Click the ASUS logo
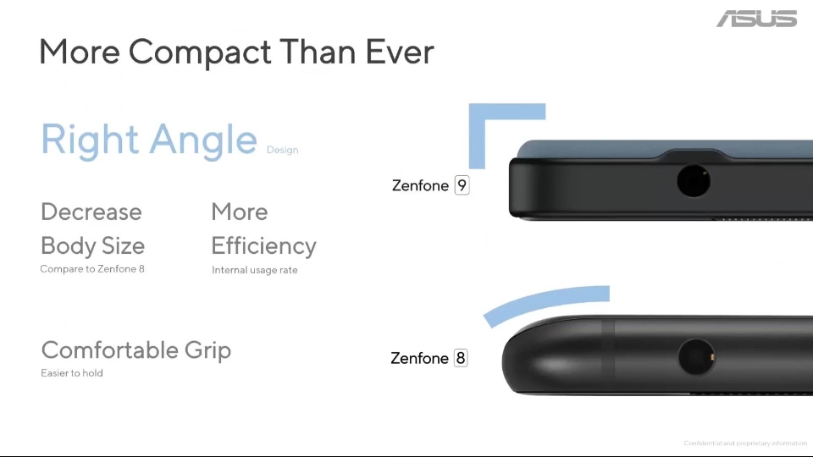[756, 19]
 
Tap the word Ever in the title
[400, 52]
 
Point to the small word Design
[282, 151]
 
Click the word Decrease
[91, 212]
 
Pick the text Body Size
[92, 246]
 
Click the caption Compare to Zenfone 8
[92, 269]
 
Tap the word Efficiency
[263, 246]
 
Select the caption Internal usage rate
[254, 270]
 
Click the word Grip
[207, 350]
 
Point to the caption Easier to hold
[72, 373]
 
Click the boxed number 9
[462, 185]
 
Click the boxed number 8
[461, 358]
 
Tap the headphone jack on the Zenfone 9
[693, 181]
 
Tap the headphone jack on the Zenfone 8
[696, 357]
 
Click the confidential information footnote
[744, 443]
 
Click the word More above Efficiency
[239, 212]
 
